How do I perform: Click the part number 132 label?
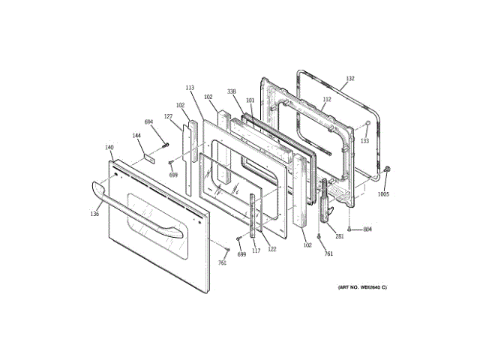pos(349,77)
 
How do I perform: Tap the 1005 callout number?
pos(383,193)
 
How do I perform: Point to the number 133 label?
pos(364,140)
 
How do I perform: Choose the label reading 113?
pos(190,88)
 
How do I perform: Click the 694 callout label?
pos(148,121)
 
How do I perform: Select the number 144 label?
pos(137,136)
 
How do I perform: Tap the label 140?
pos(109,147)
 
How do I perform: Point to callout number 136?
pos(94,214)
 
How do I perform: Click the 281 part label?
pos(340,237)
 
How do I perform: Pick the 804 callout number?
pos(367,229)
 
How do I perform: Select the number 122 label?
pos(271,248)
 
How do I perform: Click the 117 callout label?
pos(256,250)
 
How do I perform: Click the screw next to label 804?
pos(350,228)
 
